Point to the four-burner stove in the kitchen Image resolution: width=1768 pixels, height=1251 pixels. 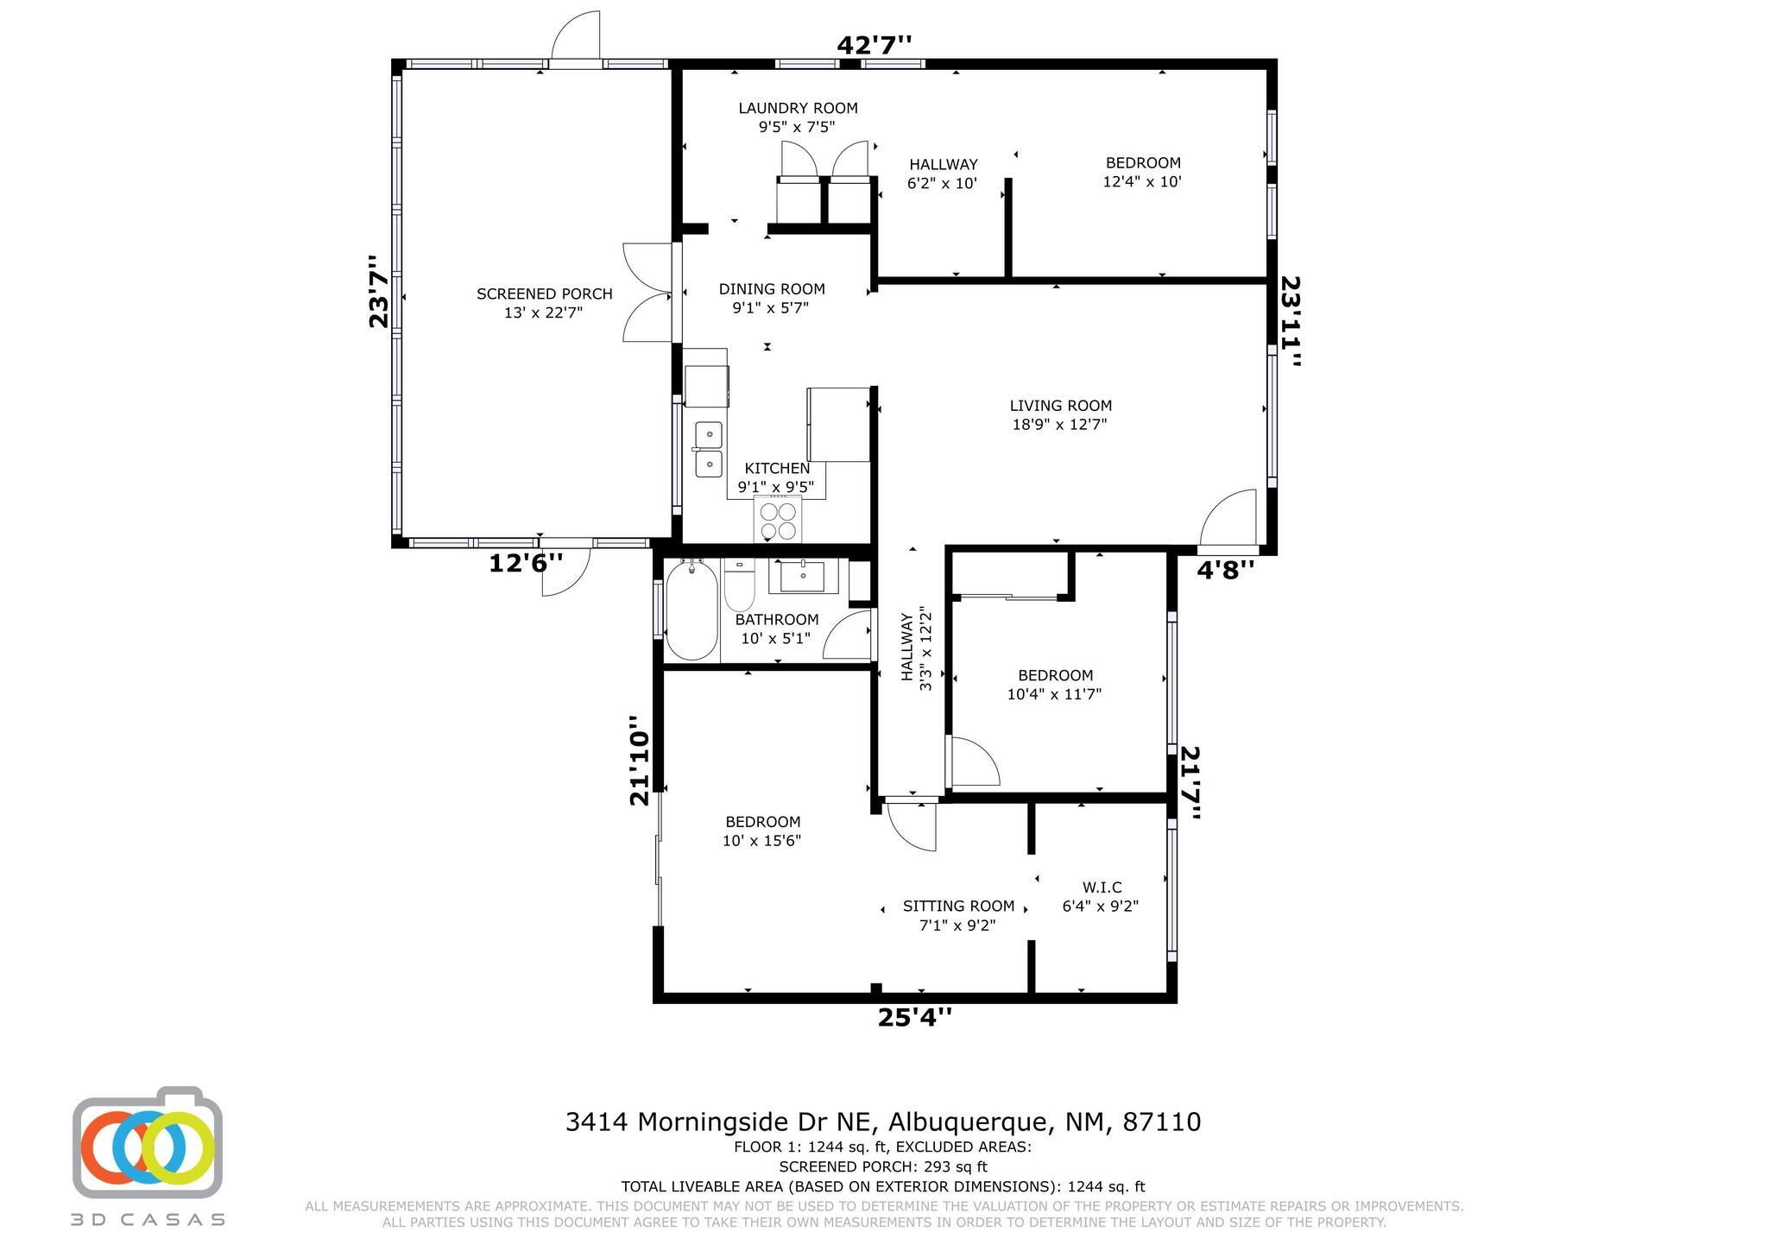[x=777, y=519]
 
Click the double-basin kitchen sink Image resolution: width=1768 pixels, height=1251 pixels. [x=709, y=449]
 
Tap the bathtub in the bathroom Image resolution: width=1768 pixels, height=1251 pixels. [x=691, y=610]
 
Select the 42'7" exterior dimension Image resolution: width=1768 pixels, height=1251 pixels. [x=875, y=44]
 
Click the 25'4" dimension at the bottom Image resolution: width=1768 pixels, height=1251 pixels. [x=915, y=1018]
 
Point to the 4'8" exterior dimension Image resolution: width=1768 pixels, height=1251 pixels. [x=1225, y=569]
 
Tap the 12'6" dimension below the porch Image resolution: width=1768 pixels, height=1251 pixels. [x=526, y=563]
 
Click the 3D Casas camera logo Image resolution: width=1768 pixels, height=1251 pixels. [x=148, y=1142]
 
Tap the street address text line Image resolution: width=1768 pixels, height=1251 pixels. [x=883, y=1121]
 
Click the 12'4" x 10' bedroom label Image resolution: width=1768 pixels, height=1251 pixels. [x=1142, y=173]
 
